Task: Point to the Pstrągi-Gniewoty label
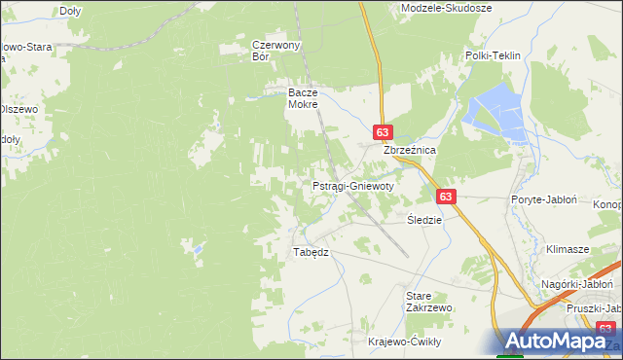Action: pos(352,186)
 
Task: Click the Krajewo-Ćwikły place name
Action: pos(405,342)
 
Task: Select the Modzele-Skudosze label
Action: pos(447,8)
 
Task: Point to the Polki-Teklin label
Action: pos(493,56)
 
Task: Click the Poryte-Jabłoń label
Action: pos(544,199)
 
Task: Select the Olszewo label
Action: pos(18,109)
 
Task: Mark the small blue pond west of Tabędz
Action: pos(199,250)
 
